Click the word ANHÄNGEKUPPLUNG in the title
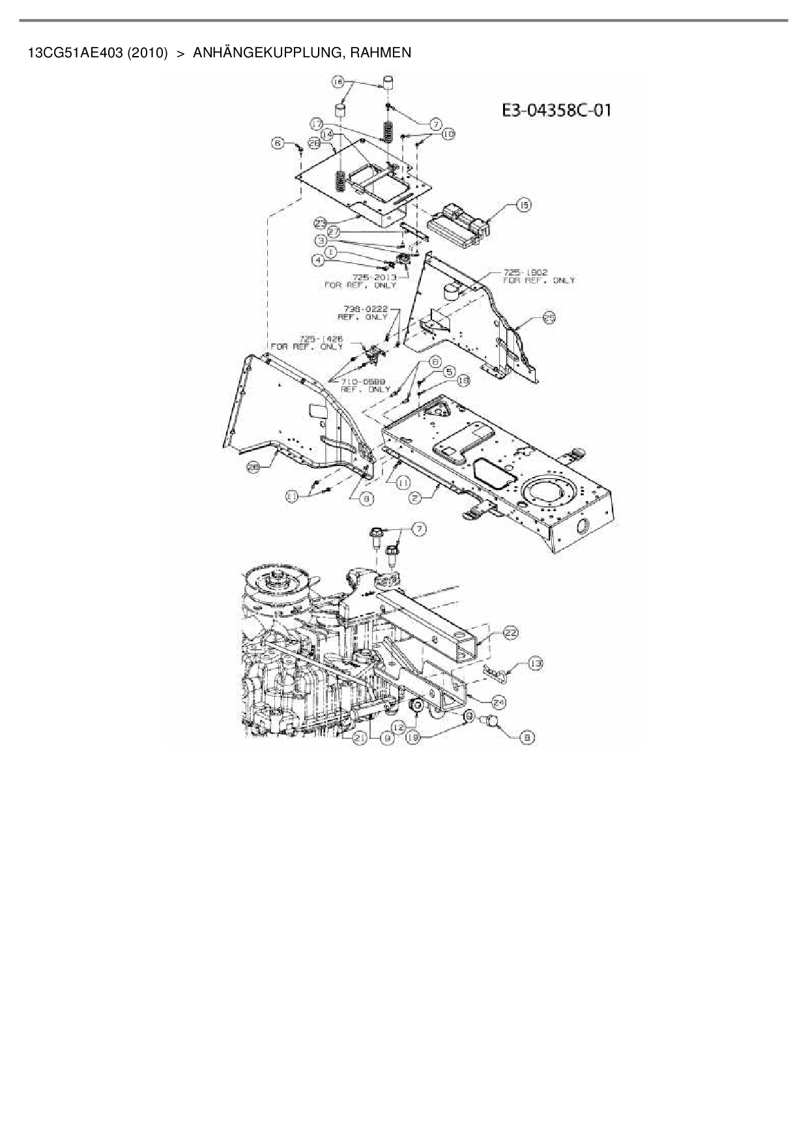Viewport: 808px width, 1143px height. pyautogui.click(x=268, y=53)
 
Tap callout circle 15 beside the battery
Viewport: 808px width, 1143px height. pyautogui.click(x=523, y=205)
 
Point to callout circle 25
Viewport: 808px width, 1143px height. pyautogui.click(x=549, y=317)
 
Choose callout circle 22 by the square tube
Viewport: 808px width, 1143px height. pyautogui.click(x=512, y=632)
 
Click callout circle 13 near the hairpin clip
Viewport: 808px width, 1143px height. pyautogui.click(x=535, y=663)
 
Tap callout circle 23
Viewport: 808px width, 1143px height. pyautogui.click(x=320, y=223)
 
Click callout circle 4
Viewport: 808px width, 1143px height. pyautogui.click(x=318, y=260)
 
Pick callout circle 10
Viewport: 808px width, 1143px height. pyautogui.click(x=448, y=134)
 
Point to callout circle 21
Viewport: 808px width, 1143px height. pyautogui.click(x=359, y=738)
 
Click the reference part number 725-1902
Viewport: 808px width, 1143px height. pyautogui.click(x=525, y=272)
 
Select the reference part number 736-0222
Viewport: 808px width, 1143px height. pyautogui.click(x=366, y=309)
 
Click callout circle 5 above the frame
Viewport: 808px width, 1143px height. pyautogui.click(x=449, y=371)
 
